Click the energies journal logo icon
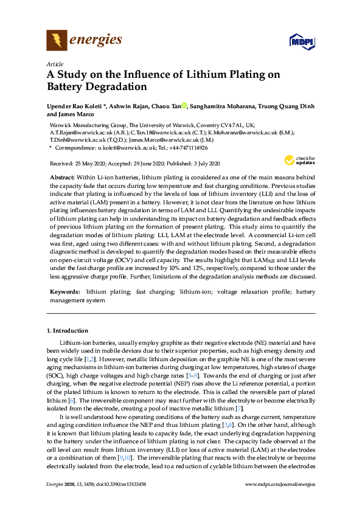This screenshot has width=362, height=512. point(57,41)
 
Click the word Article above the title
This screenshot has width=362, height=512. point(54,64)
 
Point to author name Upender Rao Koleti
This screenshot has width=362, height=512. point(72,106)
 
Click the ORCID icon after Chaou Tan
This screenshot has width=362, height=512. point(184,106)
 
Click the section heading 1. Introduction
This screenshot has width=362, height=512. point(67,331)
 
